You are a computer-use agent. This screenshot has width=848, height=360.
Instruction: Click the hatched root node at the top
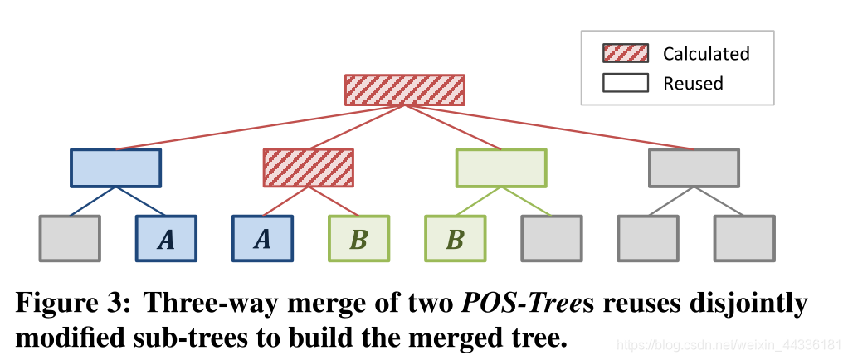click(404, 90)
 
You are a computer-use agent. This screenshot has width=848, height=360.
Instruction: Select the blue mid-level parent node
click(115, 168)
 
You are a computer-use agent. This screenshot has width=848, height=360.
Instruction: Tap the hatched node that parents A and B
click(309, 168)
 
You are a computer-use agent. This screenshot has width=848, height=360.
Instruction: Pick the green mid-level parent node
click(501, 168)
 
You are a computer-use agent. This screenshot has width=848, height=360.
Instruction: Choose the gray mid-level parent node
click(694, 168)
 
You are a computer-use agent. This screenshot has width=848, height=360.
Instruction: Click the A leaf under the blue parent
click(166, 239)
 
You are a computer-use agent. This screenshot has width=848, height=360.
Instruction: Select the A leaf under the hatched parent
click(262, 239)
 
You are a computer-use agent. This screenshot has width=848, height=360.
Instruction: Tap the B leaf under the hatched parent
click(358, 239)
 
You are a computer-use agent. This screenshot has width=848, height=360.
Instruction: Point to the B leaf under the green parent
click(455, 239)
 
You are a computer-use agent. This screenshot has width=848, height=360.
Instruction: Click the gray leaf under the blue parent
click(70, 239)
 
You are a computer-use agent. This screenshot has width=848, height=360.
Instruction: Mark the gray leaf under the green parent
click(551, 239)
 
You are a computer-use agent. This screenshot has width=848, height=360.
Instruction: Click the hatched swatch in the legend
click(625, 54)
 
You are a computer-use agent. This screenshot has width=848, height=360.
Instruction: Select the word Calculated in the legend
click(706, 54)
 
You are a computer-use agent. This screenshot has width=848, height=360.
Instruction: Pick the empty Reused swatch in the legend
click(625, 83)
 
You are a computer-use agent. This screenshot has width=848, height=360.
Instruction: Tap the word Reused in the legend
click(693, 83)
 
